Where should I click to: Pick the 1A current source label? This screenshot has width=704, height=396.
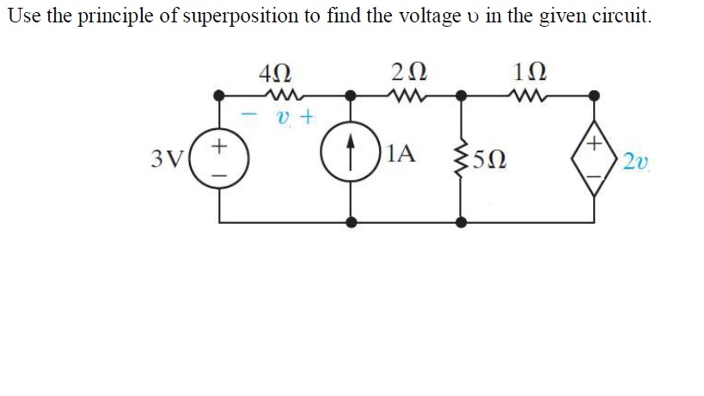tap(401, 155)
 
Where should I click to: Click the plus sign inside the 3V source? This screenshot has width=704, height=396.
tap(220, 146)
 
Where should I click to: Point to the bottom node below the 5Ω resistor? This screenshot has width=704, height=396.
tap(462, 222)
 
